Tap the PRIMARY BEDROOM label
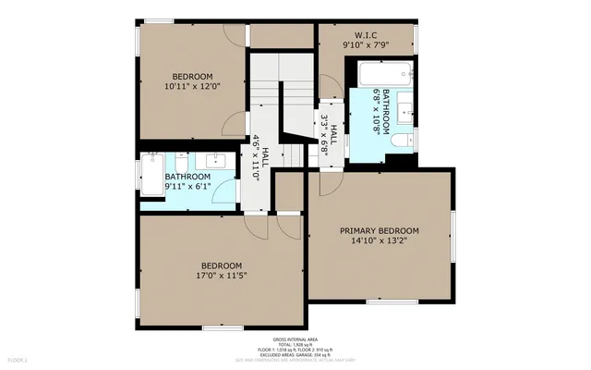[379, 230]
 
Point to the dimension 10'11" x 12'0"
[192, 86]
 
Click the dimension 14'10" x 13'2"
[379, 240]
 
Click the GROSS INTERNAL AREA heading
[295, 340]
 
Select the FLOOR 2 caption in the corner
[18, 359]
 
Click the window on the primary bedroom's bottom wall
[380, 302]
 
